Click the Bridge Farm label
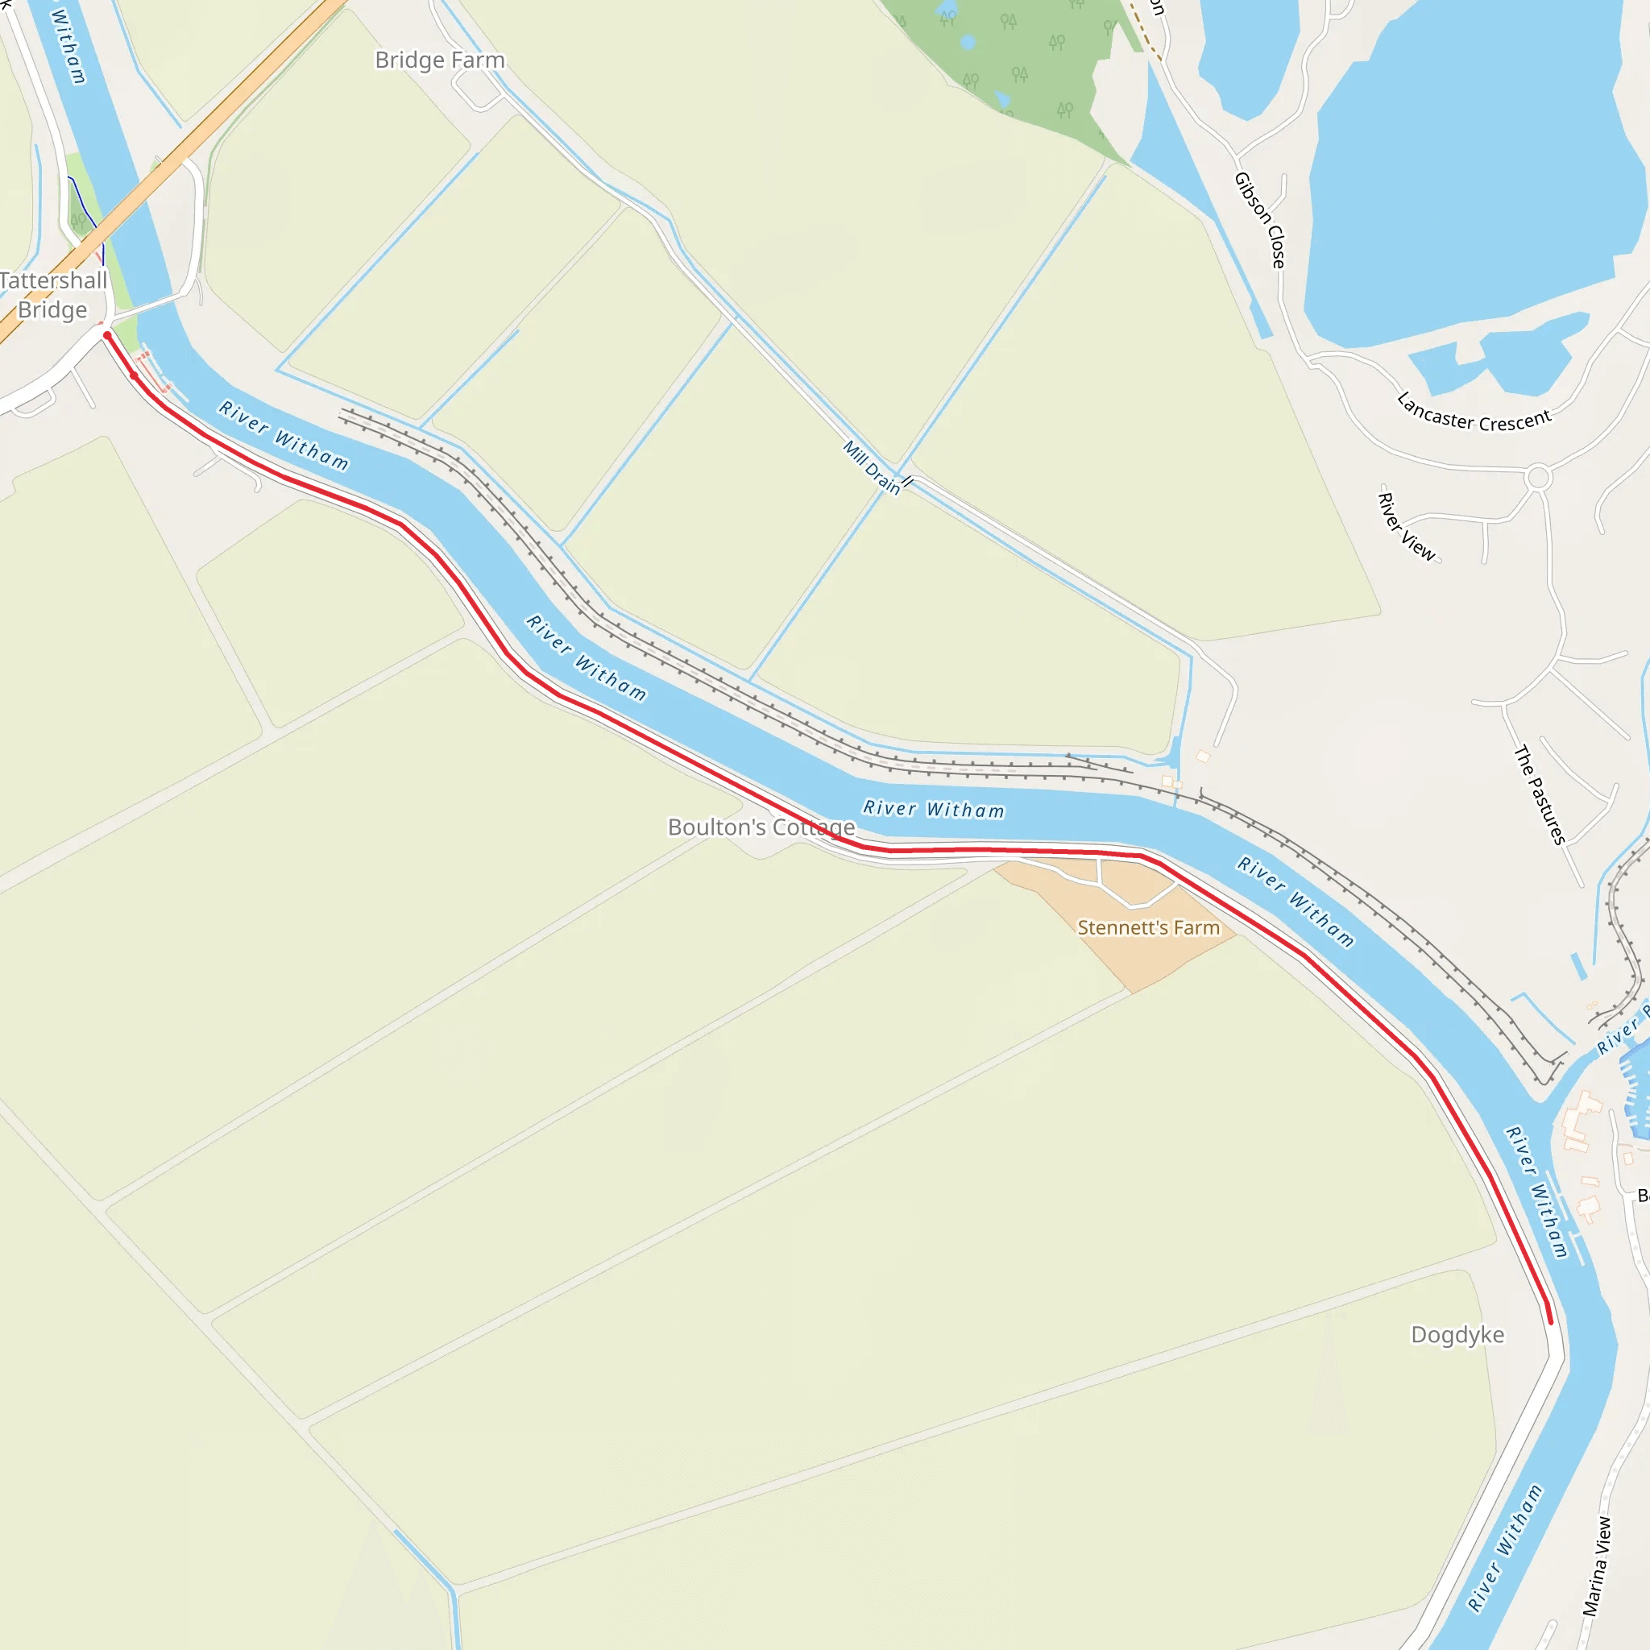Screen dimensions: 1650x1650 (x=440, y=60)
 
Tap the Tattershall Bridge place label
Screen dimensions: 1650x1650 (x=53, y=295)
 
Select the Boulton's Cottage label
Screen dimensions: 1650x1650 (x=761, y=827)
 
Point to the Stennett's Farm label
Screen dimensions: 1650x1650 (x=1148, y=927)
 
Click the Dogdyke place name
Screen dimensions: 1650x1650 (x=1457, y=1335)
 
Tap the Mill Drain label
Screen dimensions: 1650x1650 (x=872, y=467)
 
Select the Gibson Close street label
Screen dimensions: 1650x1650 (x=1260, y=220)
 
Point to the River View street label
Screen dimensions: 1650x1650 (x=1407, y=526)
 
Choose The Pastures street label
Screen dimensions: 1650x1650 (x=1540, y=795)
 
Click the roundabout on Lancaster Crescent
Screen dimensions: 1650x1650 (x=1538, y=478)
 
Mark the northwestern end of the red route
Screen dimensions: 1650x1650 (x=107, y=336)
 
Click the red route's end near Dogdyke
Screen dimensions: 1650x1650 (x=1550, y=1321)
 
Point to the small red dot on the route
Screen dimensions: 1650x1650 (x=134, y=375)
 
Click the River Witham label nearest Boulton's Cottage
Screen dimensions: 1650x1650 (x=934, y=809)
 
